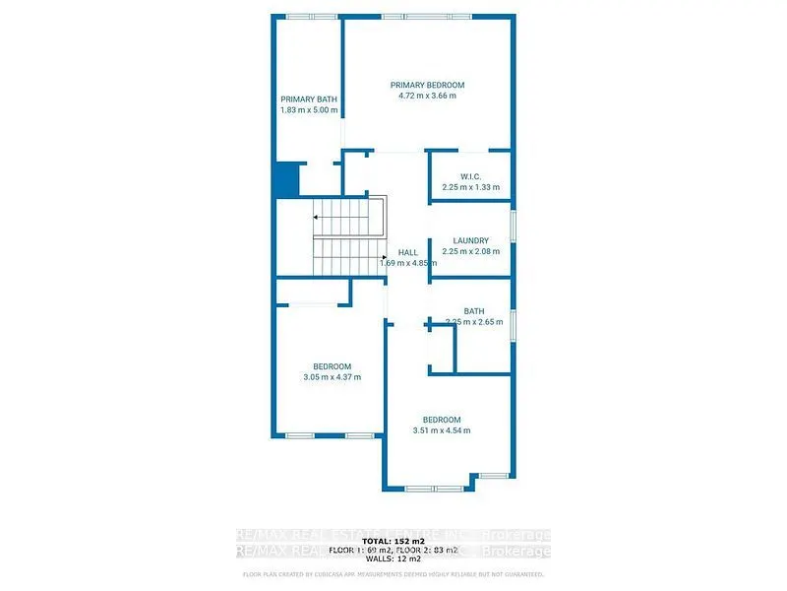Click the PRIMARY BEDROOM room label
427,85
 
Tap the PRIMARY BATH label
309,99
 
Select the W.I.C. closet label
470,176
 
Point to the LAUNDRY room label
471,241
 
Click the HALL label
394,252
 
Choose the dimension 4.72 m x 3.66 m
427,96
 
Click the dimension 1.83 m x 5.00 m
309,110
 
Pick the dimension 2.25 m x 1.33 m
470,187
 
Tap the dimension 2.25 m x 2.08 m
471,252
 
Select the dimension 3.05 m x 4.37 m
332,377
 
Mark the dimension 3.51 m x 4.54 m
442,430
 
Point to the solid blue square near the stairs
286,180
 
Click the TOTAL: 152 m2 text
393,542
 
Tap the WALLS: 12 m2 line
393,560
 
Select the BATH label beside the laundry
474,311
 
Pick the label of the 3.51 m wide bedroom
442,420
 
